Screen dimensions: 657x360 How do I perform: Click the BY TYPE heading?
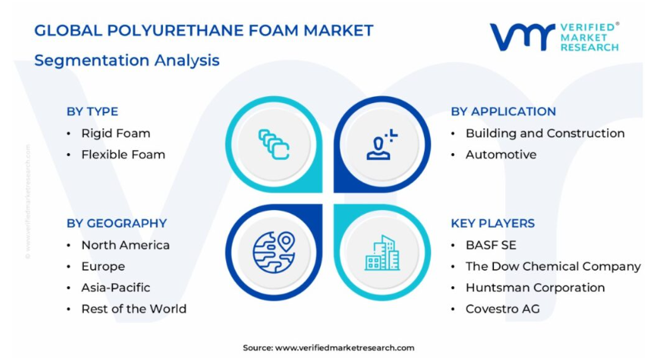coord(92,112)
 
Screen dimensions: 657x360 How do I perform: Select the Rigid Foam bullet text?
coord(115,133)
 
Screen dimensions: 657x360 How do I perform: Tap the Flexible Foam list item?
coord(123,155)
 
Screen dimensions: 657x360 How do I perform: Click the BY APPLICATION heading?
coord(503,112)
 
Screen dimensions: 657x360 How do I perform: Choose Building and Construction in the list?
coord(545,133)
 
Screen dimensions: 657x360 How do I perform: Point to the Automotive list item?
coord(501,155)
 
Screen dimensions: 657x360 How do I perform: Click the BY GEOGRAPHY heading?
coord(116,223)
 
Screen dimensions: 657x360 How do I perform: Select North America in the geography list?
coord(125,245)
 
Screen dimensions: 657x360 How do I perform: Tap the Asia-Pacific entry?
coord(115,288)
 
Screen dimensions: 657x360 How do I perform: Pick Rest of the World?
coord(134,309)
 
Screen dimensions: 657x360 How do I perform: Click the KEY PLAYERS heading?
coord(492,223)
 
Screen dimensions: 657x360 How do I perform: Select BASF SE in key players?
coord(491,245)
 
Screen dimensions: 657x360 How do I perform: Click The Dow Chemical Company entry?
coord(553,267)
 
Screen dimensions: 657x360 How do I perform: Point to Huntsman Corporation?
coord(535,288)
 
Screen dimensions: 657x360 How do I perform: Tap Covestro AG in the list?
coord(503,309)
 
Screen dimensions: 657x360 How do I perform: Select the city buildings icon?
coord(382,253)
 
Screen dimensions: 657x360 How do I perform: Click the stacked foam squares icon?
coord(274,144)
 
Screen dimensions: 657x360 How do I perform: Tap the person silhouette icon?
coord(381,145)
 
